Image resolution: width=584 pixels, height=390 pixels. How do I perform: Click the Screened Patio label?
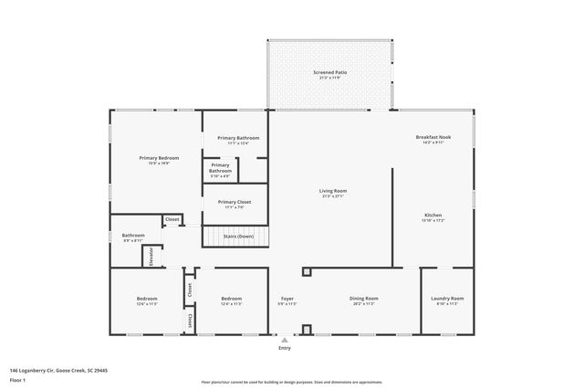(329, 71)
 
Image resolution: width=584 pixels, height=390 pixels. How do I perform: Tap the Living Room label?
(332, 190)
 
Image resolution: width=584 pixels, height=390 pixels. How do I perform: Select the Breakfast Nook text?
(433, 137)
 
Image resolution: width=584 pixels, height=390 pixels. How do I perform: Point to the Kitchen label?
(433, 216)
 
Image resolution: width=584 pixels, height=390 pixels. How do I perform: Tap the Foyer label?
(287, 298)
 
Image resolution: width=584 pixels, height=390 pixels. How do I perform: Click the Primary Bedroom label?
(159, 157)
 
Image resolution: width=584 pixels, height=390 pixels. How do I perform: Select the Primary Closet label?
(235, 201)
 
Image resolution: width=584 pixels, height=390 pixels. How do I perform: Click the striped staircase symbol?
(235, 237)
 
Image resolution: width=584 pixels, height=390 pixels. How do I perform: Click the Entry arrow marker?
(285, 340)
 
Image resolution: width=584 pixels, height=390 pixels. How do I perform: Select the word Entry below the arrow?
(285, 348)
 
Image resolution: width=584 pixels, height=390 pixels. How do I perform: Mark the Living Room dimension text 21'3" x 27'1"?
(332, 195)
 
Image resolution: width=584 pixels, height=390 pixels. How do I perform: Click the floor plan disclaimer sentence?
(291, 382)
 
